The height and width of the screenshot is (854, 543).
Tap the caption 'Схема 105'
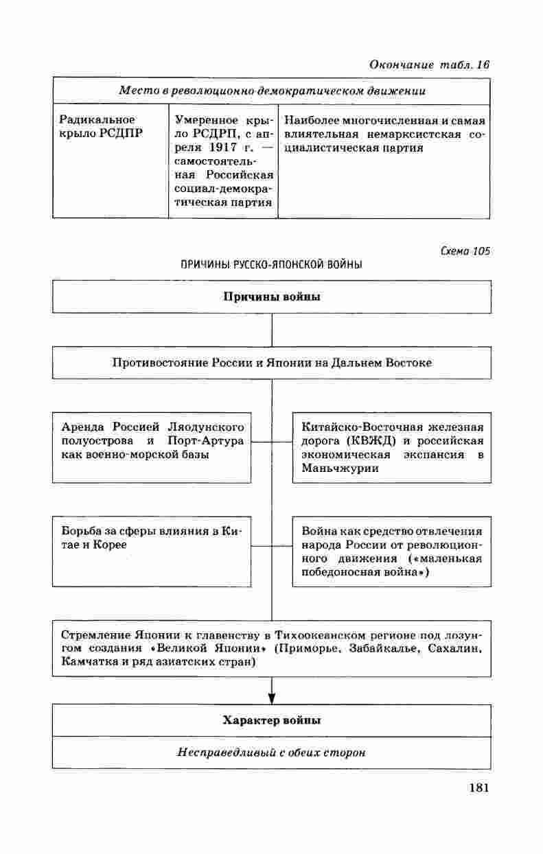(465, 251)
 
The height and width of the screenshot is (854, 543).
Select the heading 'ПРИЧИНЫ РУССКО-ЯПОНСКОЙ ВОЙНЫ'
(271, 264)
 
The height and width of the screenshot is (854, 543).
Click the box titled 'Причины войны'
(271, 297)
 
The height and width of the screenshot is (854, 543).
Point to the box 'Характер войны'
(271, 720)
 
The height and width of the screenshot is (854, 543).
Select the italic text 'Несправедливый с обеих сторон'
(271, 752)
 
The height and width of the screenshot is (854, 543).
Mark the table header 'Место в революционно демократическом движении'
(271, 91)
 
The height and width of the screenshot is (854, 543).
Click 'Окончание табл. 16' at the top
(429, 64)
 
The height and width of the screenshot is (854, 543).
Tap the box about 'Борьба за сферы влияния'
(152, 551)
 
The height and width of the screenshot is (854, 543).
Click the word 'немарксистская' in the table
(410, 133)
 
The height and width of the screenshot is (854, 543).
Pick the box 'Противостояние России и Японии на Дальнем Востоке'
(271, 362)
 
